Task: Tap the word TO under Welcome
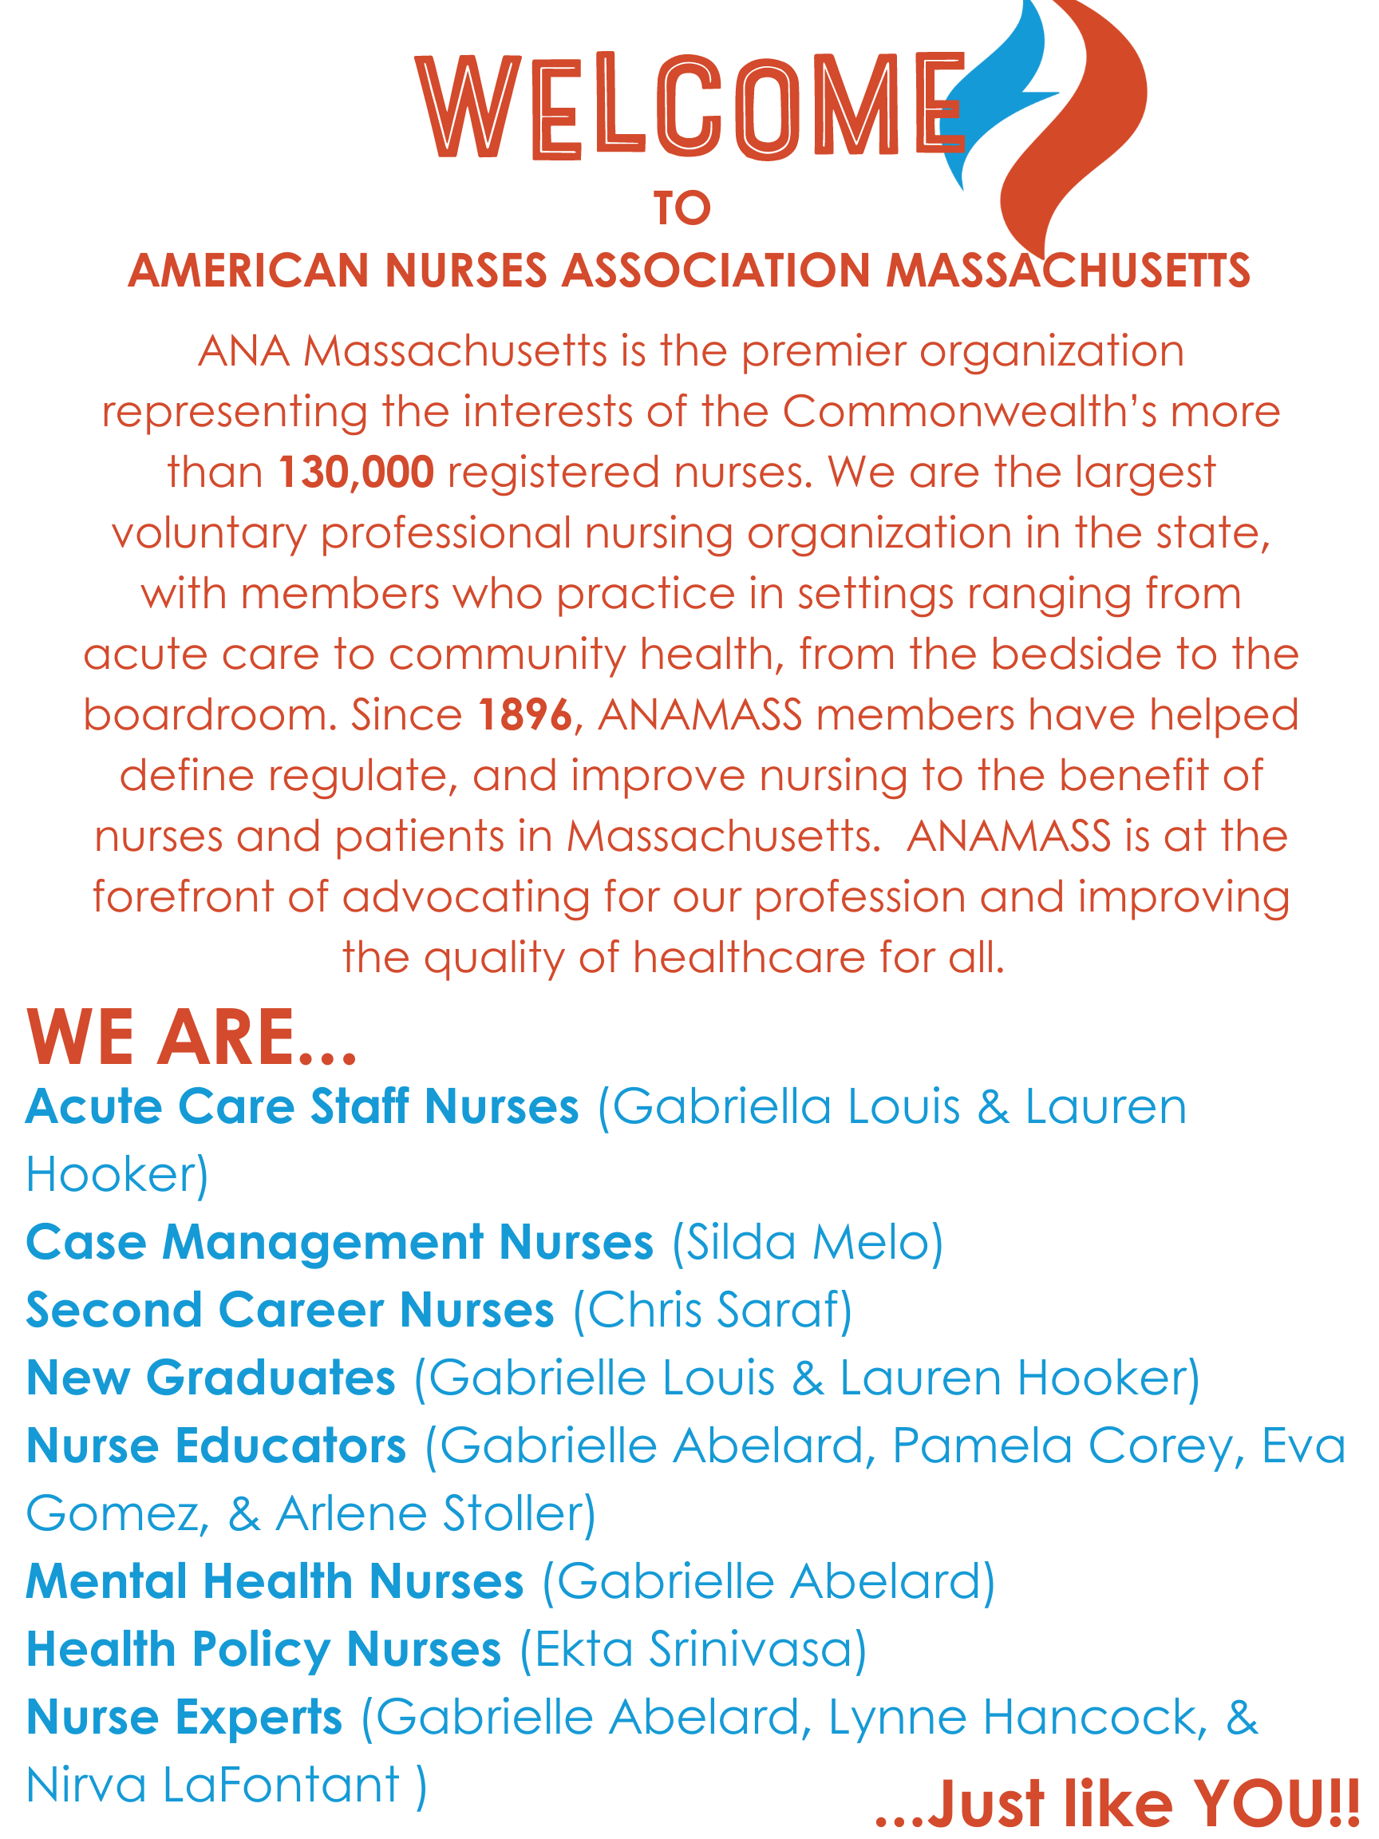pos(682,208)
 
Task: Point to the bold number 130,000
pos(356,473)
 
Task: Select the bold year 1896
pos(525,715)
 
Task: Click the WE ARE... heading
pos(192,1038)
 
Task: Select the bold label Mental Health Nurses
pos(275,1581)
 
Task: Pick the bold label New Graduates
pos(211,1378)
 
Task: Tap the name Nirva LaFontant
pos(213,1785)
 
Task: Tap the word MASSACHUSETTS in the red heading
pos(1067,271)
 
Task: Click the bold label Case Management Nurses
pos(339,1243)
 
